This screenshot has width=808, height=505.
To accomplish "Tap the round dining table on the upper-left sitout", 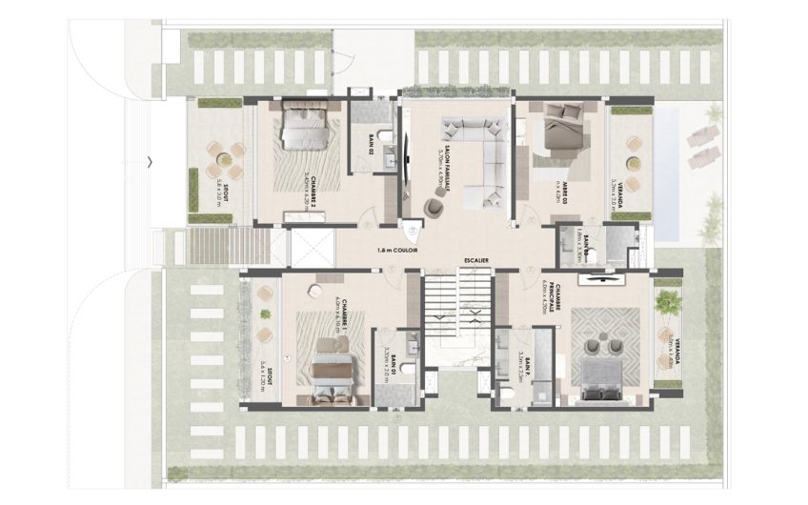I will point(222,160).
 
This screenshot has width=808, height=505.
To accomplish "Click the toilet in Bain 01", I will point(405,370).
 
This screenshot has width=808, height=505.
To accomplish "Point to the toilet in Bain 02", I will point(385,146).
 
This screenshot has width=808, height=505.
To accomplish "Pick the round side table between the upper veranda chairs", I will point(631,144).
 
